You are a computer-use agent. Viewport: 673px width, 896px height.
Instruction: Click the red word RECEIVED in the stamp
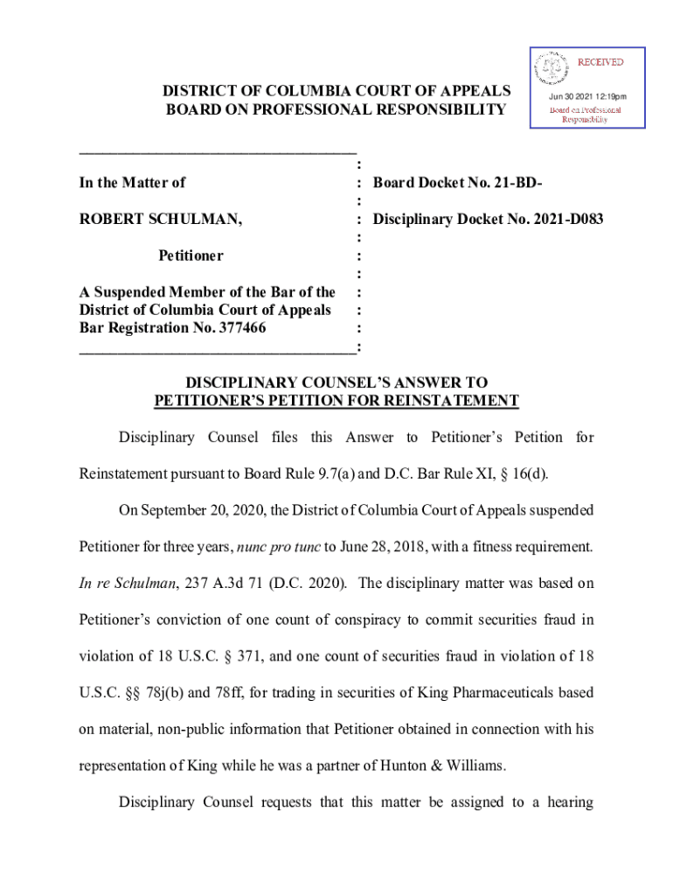pyautogui.click(x=600, y=62)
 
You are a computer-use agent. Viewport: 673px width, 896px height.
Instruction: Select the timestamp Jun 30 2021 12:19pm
pyautogui.click(x=587, y=96)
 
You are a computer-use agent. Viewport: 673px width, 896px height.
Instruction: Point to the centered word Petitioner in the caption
pyautogui.click(x=191, y=255)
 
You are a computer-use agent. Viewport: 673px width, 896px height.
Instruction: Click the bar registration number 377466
pyautogui.click(x=236, y=328)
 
